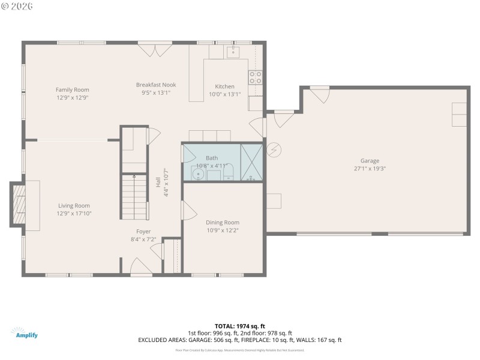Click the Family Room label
73,89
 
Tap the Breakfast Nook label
156,85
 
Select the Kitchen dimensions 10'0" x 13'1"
225,94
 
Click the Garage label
370,161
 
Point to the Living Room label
74,205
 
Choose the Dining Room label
223,223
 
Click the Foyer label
143,231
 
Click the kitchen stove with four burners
255,76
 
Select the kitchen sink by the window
233,52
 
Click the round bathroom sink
198,175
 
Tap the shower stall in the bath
251,162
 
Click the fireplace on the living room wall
20,205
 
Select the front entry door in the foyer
142,267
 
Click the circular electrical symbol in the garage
273,148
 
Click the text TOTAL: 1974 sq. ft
239,326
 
